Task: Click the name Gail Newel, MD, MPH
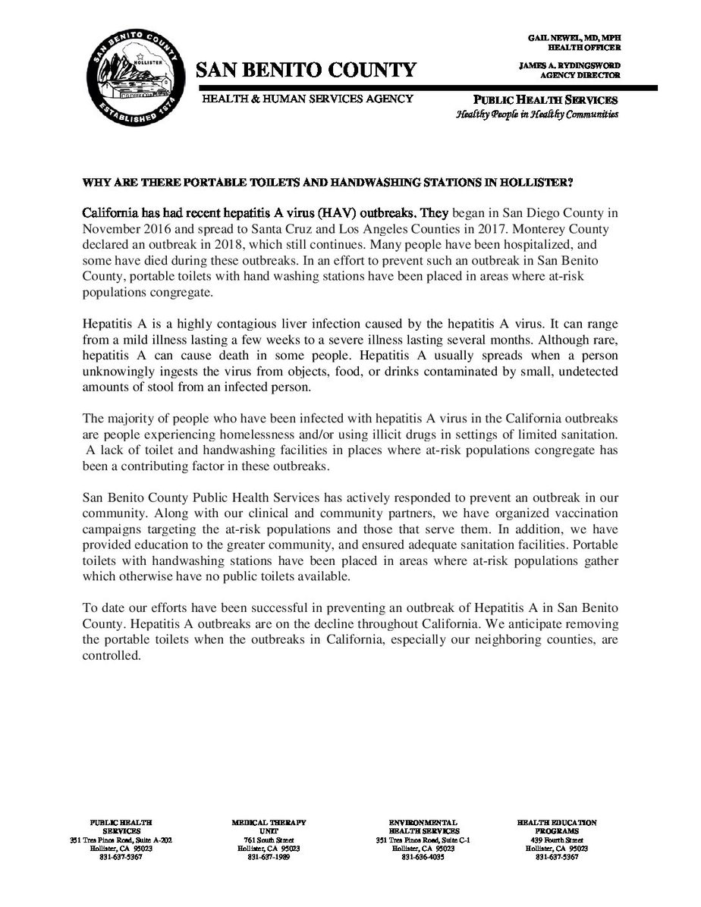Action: pyautogui.click(x=571, y=37)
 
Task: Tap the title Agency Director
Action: pyautogui.click(x=589, y=75)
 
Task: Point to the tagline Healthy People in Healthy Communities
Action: pyautogui.click(x=537, y=115)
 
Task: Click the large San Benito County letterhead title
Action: pyautogui.click(x=306, y=71)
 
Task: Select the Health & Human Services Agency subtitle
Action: pyautogui.click(x=306, y=99)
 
